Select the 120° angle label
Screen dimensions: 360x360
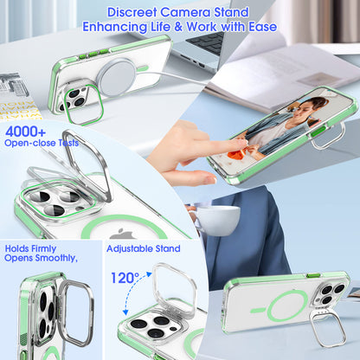coord(125,279)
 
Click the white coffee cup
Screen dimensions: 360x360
coord(212,219)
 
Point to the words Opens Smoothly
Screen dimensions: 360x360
coord(41,258)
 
